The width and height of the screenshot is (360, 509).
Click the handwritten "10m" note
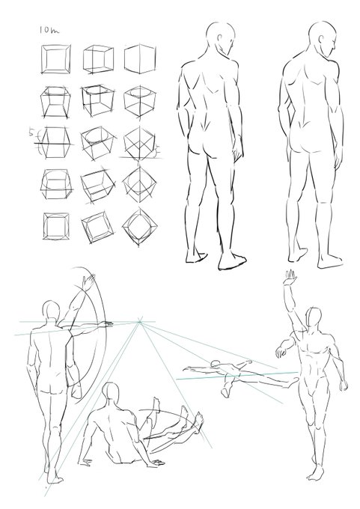pyautogui.click(x=49, y=30)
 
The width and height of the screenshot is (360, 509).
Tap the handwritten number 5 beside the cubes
pyautogui.click(x=31, y=132)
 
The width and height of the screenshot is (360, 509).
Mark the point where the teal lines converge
pyautogui.click(x=140, y=322)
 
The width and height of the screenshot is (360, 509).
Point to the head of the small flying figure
pyautogui.click(x=215, y=365)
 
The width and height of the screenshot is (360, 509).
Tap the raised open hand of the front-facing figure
pyautogui.click(x=290, y=277)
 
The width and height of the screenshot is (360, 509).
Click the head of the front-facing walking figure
pyautogui.click(x=314, y=318)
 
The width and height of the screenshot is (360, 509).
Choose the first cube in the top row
pyautogui.click(x=55, y=59)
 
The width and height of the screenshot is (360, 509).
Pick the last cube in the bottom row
pyautogui.click(x=140, y=228)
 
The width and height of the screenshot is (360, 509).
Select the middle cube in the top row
pyautogui.click(x=98, y=60)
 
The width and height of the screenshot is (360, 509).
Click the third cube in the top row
pyautogui.click(x=140, y=59)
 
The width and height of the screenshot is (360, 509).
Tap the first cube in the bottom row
pyautogui.click(x=56, y=226)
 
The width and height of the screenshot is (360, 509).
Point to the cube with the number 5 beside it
pyautogui.click(x=55, y=143)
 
